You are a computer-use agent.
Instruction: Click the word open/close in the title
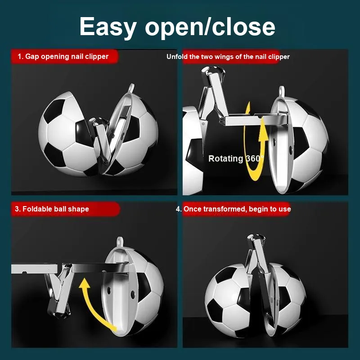click(210, 27)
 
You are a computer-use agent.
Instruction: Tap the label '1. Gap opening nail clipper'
click(63, 57)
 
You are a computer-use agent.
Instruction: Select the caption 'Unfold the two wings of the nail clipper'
click(228, 57)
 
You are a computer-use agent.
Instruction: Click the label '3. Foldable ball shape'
click(52, 209)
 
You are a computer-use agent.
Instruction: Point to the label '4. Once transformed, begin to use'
click(233, 209)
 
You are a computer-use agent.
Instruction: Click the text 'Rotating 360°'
click(236, 158)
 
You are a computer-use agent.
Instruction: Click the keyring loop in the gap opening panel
click(131, 88)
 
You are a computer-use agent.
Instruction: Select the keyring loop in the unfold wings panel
click(282, 91)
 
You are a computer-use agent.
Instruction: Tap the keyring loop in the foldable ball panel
click(120, 242)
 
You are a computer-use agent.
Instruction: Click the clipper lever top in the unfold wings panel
click(213, 71)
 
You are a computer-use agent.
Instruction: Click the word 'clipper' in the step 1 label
click(97, 57)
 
